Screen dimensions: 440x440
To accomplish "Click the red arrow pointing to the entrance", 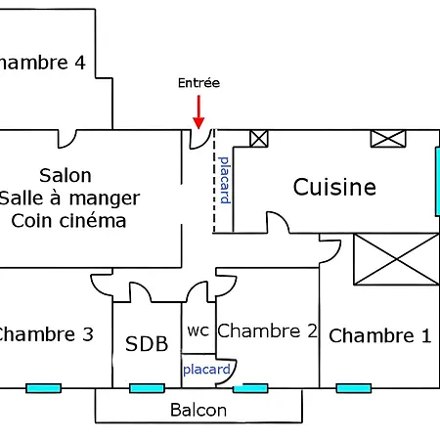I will pos(198,110).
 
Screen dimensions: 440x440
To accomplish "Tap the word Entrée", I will pos(198,84).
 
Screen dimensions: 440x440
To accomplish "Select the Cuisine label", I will pos(334,187).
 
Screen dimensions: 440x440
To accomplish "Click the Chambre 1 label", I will pos(379,336).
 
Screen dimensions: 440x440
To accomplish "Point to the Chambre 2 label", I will pos(267,330).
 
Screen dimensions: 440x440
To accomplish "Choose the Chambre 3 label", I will pos(45,334).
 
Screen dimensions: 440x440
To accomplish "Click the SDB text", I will pos(147,343).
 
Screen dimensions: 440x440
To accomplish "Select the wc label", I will pos(198,330).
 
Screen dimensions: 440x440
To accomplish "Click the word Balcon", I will pos(198,410).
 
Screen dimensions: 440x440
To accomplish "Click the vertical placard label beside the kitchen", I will pos(224,180).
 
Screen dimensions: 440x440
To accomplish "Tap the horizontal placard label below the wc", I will pos(206,370).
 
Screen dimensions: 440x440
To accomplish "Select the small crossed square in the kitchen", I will pos(258,138).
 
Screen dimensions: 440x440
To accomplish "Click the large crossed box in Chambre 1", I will pos(396,258).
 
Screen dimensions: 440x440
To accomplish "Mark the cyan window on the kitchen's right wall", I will pos(436,181).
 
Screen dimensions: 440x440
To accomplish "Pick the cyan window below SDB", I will pos(147,388).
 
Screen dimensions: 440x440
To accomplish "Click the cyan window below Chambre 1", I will pos(353,388).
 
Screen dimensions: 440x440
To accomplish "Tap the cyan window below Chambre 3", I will pos(43,388).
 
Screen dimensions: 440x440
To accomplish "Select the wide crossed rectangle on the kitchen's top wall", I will pos(387,138).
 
